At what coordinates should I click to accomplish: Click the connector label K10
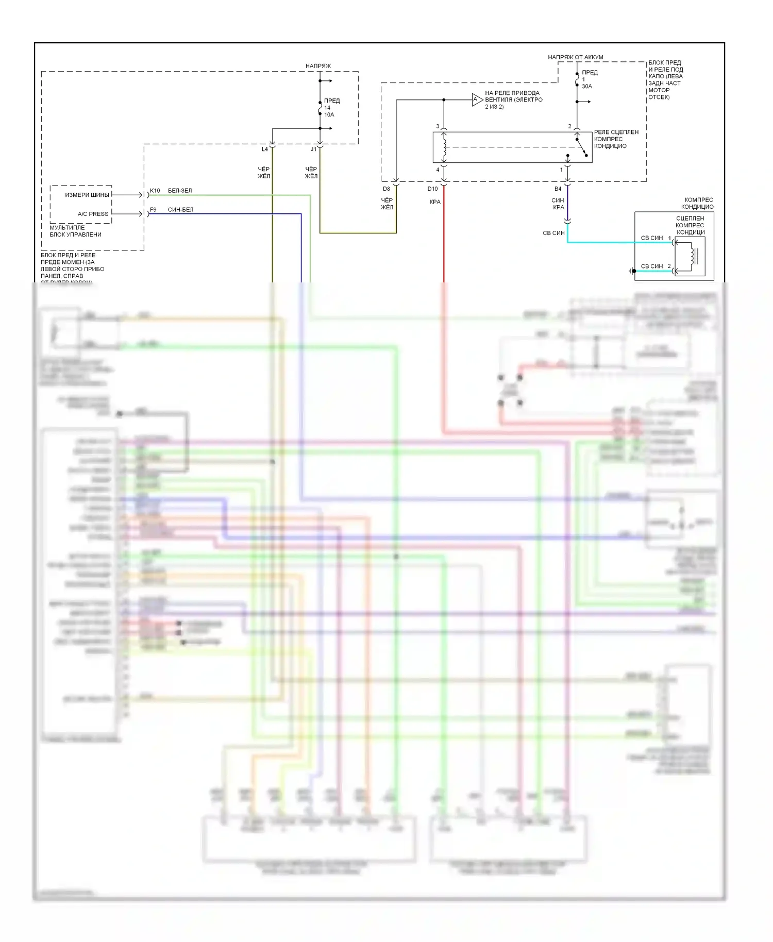(155, 191)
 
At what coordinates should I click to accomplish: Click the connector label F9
(153, 210)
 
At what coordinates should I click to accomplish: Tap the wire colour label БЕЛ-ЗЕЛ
(180, 191)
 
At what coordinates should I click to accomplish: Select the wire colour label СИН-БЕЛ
(180, 210)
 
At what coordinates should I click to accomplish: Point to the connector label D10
(432, 189)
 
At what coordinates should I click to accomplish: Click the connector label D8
(386, 189)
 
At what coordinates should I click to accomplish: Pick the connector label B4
(558, 189)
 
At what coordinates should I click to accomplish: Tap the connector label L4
(264, 149)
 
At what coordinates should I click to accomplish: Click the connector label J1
(313, 149)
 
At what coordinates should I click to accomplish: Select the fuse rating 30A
(587, 87)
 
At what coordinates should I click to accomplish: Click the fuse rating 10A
(329, 115)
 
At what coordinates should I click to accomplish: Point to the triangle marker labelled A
(477, 99)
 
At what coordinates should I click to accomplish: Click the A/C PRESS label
(93, 214)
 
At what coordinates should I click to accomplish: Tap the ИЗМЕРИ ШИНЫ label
(87, 195)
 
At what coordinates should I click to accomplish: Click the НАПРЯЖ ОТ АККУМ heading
(575, 57)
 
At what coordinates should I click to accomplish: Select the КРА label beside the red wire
(435, 202)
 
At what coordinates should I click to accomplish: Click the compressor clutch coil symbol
(690, 256)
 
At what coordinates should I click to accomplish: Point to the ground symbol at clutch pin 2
(632, 271)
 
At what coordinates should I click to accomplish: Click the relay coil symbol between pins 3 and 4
(444, 147)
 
